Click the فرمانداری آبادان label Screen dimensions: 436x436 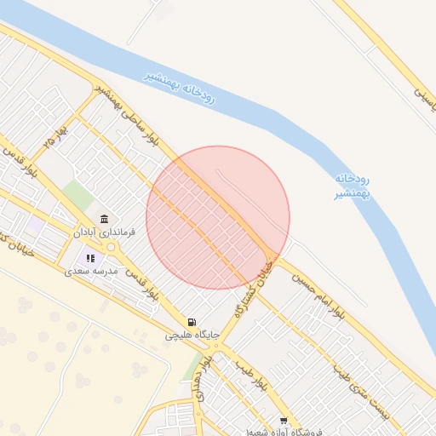[100, 232]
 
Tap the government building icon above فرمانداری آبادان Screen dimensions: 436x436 [105, 219]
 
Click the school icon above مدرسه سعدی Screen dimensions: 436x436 [90, 258]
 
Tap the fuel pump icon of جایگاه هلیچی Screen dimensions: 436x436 [192, 323]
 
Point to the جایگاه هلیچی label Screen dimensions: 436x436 [192, 336]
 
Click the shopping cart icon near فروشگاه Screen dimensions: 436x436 [284, 422]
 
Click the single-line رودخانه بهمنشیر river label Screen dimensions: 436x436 [181, 88]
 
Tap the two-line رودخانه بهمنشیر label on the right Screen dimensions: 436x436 [350, 186]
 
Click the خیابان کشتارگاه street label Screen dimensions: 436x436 [268, 274]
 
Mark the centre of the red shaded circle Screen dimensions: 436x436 [218, 217]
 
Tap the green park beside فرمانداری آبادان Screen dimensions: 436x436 [78, 195]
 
